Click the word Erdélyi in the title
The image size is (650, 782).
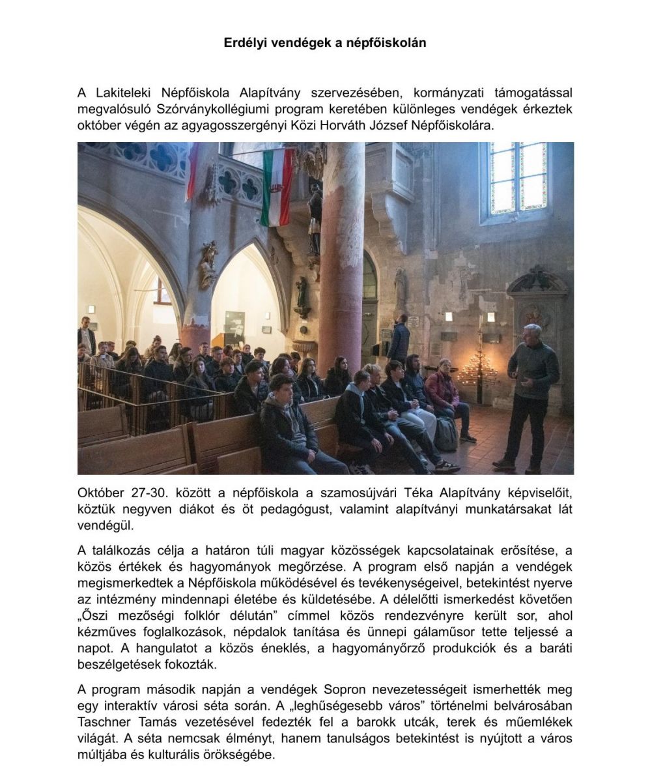tap(246, 43)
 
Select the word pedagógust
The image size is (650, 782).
tap(305, 510)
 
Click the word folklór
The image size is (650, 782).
tap(251, 616)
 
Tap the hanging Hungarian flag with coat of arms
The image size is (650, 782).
tap(277, 187)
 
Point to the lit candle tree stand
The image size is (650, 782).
tap(477, 376)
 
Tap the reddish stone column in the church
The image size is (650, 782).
tap(342, 261)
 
